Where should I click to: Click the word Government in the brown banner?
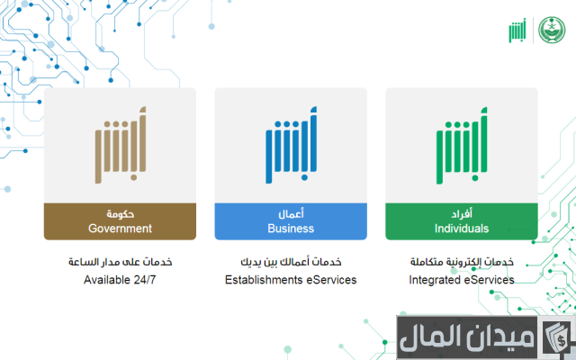[120, 229]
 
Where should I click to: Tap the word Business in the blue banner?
[291, 229]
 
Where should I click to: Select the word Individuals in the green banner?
[462, 229]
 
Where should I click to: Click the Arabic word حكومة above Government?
[120, 214]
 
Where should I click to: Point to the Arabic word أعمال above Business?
[291, 214]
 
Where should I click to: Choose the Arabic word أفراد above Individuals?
[462, 214]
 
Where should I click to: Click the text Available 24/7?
[120, 280]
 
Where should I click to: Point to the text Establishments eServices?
[291, 280]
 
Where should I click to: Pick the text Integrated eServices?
[462, 280]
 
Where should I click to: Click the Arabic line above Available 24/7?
[120, 262]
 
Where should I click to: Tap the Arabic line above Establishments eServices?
[291, 262]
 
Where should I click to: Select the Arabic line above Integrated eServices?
[462, 262]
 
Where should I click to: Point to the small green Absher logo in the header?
[517, 31]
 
